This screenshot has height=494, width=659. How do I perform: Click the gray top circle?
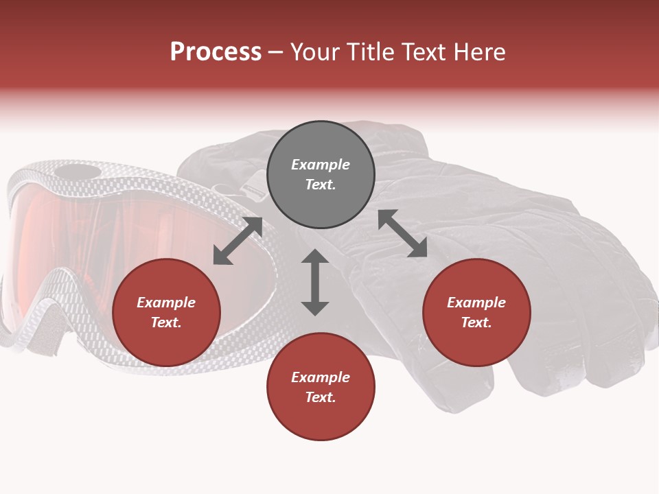point(321,175)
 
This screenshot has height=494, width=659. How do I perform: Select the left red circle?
point(166,313)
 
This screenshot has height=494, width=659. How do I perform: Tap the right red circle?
point(476,313)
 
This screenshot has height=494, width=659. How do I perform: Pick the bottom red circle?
point(321,388)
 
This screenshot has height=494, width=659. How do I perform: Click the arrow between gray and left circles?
point(238,241)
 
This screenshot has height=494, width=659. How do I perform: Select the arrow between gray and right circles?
point(402,233)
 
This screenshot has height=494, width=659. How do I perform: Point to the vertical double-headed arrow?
point(315,282)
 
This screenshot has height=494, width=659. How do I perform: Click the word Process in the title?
point(216,52)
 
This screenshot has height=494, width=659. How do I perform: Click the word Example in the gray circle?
point(321,165)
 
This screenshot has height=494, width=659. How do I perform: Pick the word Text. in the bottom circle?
point(321,397)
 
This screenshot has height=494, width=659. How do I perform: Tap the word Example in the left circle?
point(166,303)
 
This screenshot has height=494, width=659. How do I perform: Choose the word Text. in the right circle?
point(476,322)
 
